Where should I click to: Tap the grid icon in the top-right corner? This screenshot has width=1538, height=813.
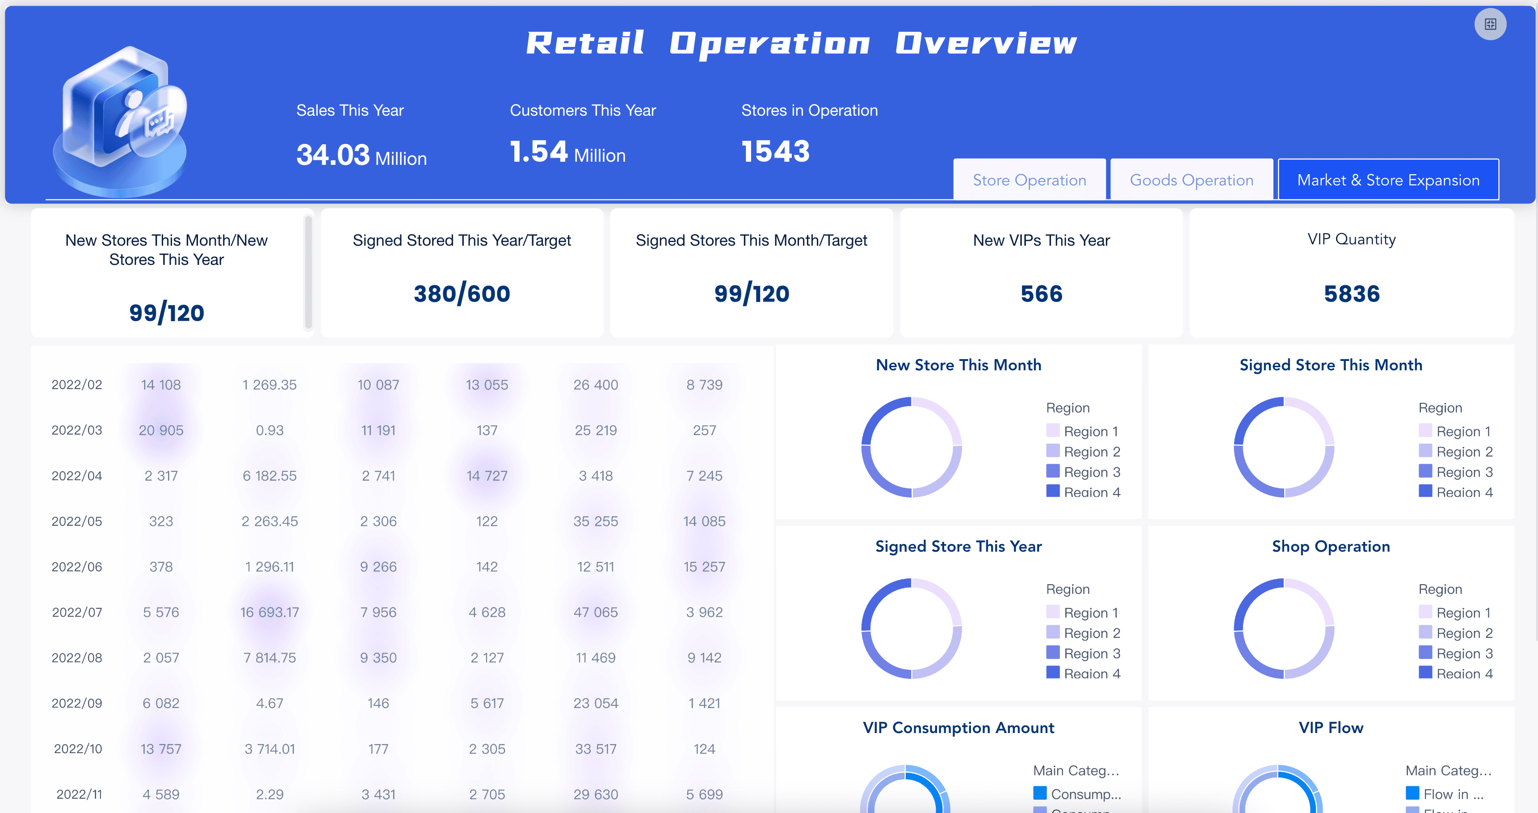1490,24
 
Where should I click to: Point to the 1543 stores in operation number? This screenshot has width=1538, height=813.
775,151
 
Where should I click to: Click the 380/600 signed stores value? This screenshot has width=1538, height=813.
462,293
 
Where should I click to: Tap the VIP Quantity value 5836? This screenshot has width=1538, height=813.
1352,293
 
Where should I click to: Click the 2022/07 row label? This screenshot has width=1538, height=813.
77,612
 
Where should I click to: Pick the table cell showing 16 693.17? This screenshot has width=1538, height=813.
269,612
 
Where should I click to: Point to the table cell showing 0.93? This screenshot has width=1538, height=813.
269,430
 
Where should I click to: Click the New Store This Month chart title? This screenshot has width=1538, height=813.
958,365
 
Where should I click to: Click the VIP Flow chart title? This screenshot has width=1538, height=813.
1331,728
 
